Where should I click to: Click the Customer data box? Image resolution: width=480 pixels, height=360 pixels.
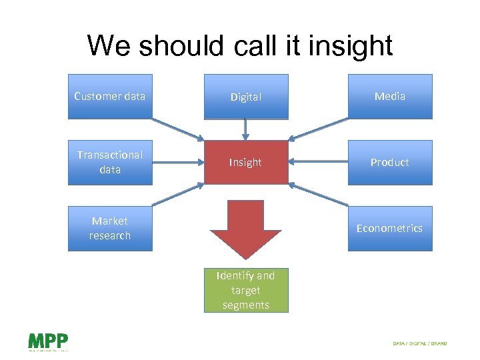tap(110, 97)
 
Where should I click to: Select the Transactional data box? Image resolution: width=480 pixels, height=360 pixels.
tap(110, 162)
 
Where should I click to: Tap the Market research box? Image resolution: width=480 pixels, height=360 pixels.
tap(110, 228)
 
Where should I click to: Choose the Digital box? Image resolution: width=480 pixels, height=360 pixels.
tap(246, 97)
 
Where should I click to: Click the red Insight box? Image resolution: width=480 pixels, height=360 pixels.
tap(246, 162)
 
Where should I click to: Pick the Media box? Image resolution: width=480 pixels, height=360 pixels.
tap(390, 97)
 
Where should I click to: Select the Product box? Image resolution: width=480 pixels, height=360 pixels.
tap(390, 162)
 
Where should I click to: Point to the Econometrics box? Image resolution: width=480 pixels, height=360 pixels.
tap(390, 228)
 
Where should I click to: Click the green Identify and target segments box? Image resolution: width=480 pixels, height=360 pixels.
tap(246, 290)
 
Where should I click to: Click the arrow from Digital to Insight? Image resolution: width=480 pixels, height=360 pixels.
tap(246, 129)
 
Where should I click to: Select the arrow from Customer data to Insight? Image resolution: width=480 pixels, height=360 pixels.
tap(177, 129)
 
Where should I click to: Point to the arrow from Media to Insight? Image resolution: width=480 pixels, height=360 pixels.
tap(319, 129)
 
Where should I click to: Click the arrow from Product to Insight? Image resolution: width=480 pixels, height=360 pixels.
tap(318, 162)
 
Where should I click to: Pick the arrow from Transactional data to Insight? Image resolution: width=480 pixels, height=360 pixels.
tap(177, 162)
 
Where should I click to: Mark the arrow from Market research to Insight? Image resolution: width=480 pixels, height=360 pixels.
tap(177, 194)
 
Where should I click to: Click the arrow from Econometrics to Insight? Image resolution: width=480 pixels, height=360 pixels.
tap(319, 194)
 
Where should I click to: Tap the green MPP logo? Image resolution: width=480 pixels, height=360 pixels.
tap(47, 341)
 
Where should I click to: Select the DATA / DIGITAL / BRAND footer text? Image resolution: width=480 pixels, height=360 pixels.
tap(420, 343)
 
